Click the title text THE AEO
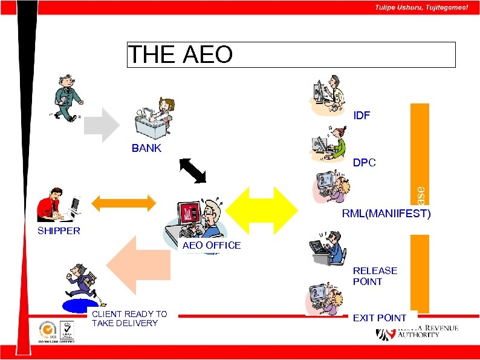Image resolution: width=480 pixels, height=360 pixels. (180, 54)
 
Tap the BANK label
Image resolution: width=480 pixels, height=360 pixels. (146, 148)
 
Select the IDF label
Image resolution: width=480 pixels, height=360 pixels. (362, 116)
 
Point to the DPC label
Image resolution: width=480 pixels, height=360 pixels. (364, 163)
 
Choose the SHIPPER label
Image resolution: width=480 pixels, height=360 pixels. (59, 231)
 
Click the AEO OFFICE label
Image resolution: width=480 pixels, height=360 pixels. (211, 245)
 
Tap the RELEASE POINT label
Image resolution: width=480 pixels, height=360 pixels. (375, 276)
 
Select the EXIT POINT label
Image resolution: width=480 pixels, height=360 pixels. (379, 318)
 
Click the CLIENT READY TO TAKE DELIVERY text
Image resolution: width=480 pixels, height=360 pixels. (129, 318)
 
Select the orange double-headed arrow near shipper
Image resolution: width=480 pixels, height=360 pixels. (123, 203)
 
